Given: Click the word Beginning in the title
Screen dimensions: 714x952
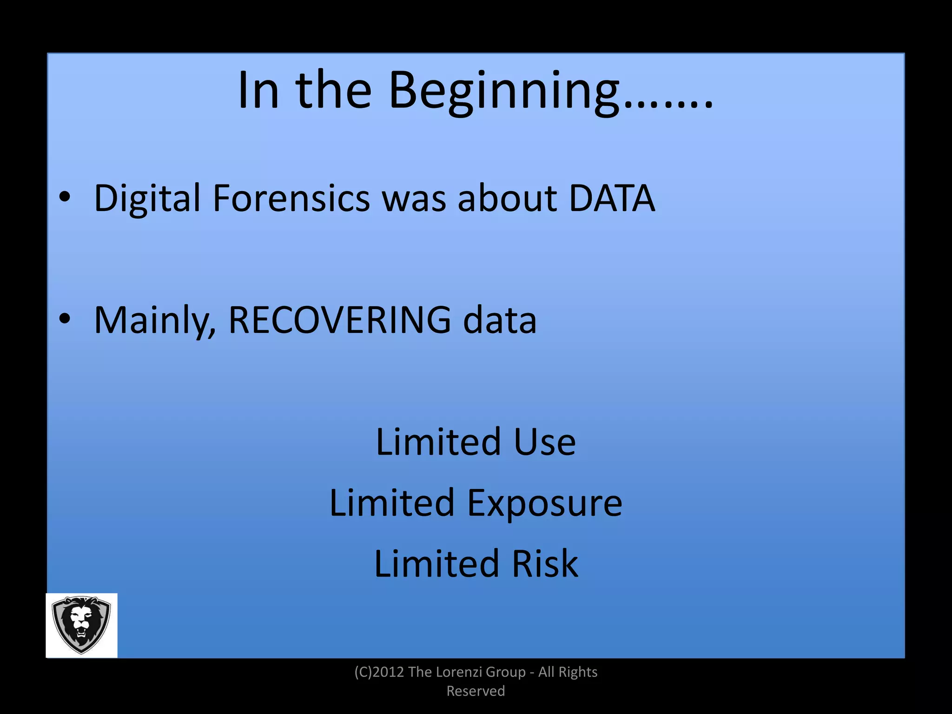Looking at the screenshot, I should coord(504,91).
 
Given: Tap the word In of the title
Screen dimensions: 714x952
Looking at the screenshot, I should coord(258,90).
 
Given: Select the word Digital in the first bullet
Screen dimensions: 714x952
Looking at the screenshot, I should coord(147,198).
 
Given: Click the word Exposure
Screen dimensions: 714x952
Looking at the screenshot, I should coord(544,503).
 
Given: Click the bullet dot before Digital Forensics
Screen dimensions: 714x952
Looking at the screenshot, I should coord(65,198).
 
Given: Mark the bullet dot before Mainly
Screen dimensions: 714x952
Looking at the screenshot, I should coord(65,319).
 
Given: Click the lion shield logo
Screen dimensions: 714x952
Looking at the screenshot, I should coord(81,625).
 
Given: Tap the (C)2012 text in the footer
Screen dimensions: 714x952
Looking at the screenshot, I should coord(379,672).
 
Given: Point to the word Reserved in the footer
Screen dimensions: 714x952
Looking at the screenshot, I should coord(476,691).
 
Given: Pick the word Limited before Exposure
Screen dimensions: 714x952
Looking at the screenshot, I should coord(391,503).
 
